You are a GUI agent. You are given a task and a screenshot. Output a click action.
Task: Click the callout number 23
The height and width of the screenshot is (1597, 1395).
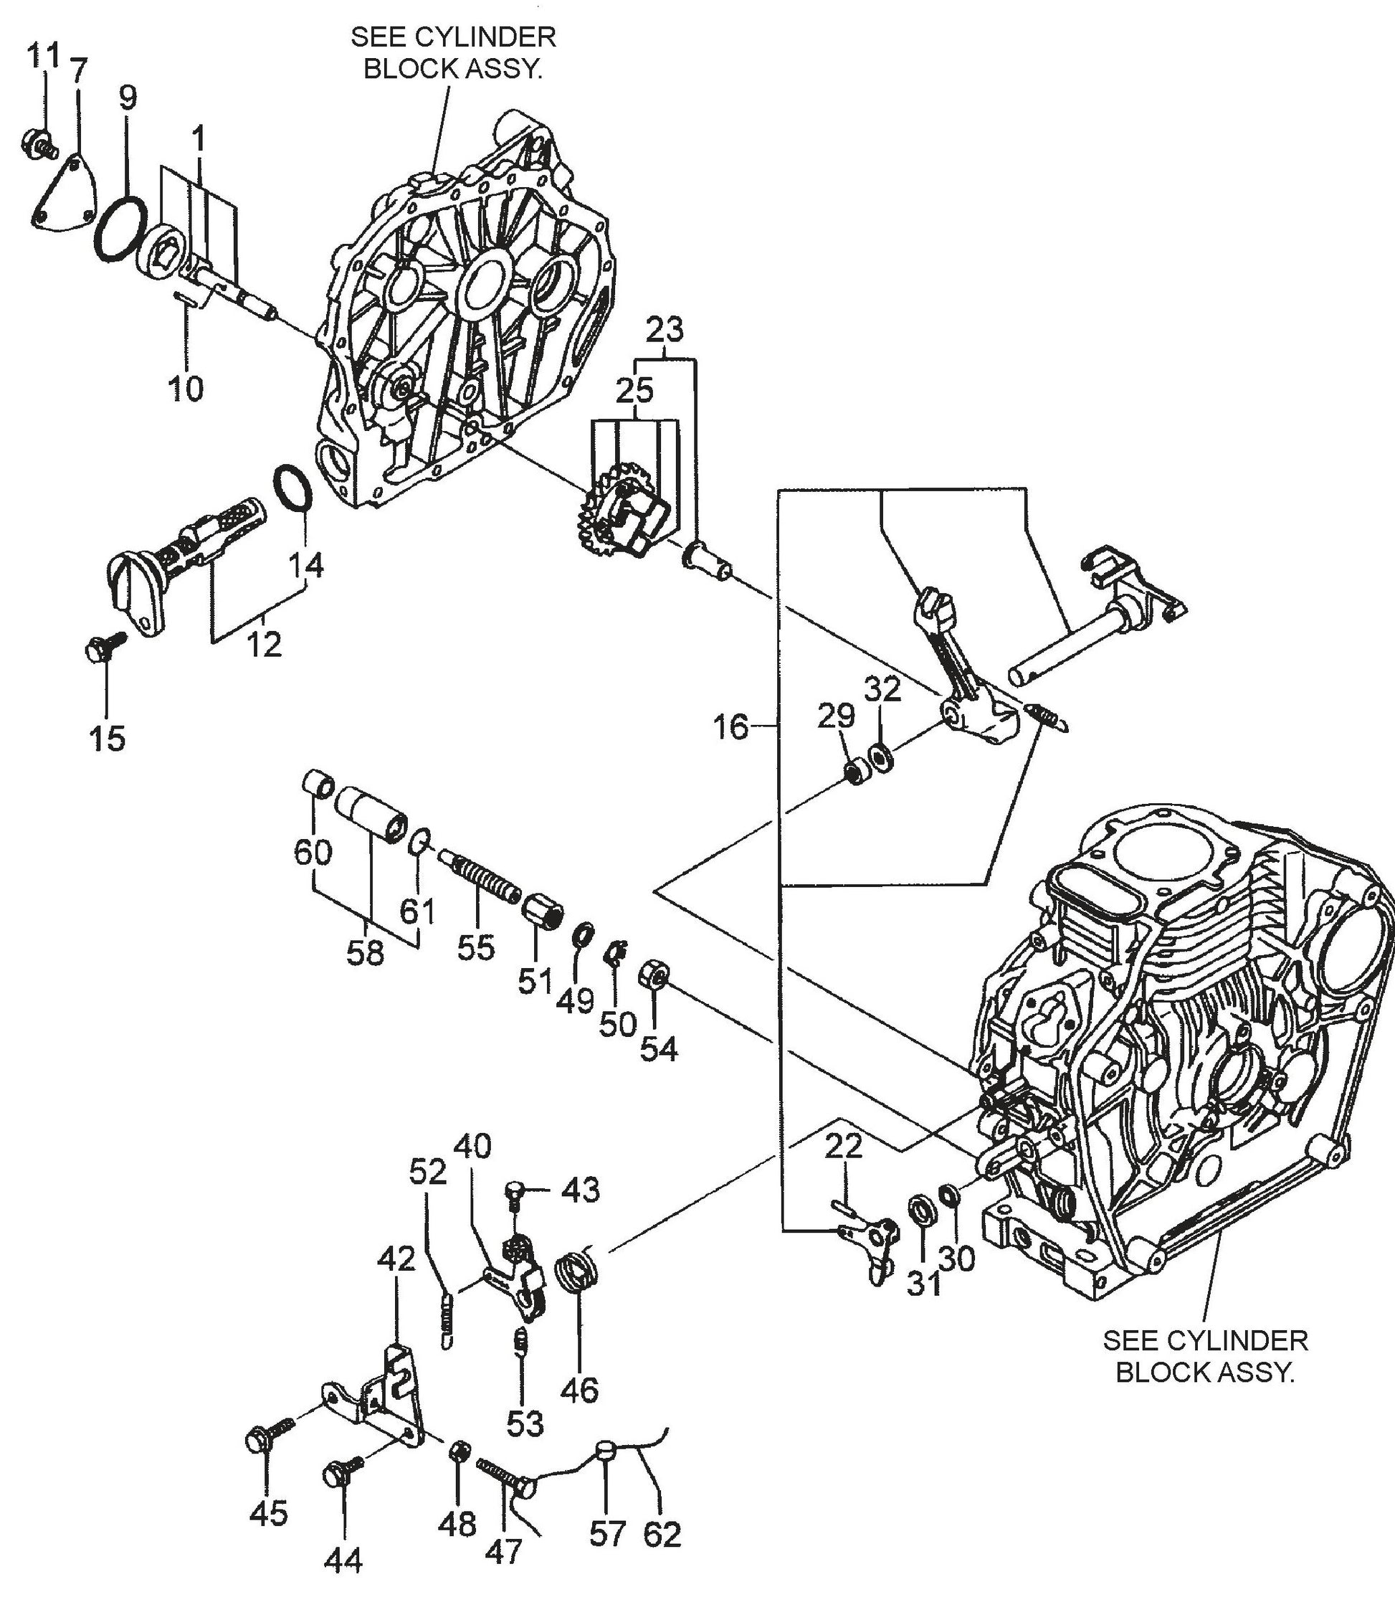[x=665, y=330]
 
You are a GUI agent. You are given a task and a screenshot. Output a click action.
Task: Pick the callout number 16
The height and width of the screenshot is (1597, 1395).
[x=730, y=727]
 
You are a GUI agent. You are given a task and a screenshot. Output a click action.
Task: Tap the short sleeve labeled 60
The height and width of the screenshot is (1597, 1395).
[x=318, y=782]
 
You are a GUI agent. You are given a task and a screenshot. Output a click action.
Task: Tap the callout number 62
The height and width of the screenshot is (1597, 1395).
[x=662, y=1533]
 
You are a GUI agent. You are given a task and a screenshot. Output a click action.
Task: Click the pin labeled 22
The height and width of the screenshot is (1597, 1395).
[x=844, y=1208]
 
